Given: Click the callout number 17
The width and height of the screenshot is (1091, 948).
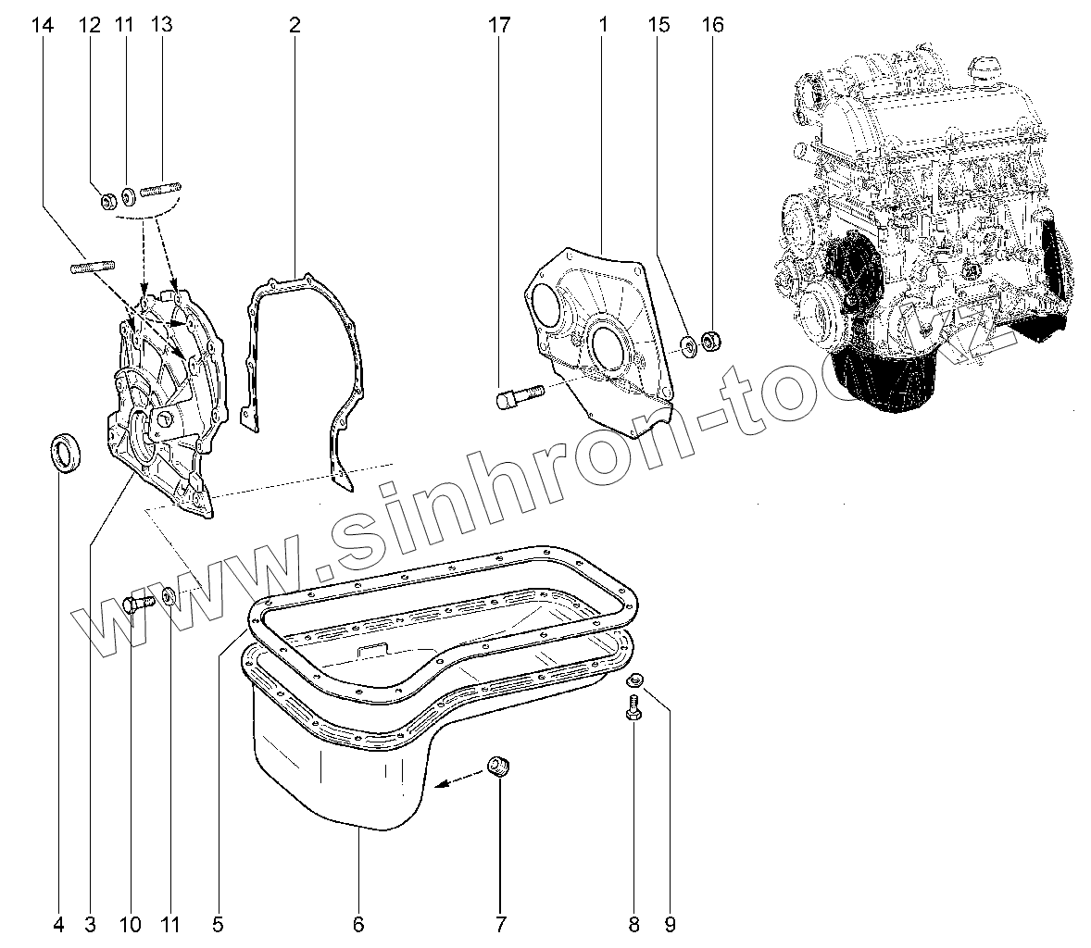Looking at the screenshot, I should (x=499, y=25).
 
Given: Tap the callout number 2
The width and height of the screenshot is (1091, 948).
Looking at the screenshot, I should (x=295, y=25).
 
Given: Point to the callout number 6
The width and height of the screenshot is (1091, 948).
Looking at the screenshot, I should (x=358, y=923).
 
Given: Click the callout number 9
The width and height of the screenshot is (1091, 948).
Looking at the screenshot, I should (x=670, y=923).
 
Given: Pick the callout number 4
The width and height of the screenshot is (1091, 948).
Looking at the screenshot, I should (x=58, y=923).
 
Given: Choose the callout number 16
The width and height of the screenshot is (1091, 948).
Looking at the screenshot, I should (x=712, y=25).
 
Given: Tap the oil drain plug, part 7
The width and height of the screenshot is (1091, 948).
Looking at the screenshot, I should (x=500, y=767).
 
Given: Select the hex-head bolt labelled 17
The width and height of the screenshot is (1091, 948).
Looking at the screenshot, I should (x=518, y=396).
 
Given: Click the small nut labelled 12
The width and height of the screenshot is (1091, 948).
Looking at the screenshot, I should (x=107, y=198).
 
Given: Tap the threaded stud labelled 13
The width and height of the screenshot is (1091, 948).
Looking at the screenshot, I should (x=160, y=193).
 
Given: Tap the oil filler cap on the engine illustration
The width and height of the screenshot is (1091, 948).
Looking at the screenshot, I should (x=985, y=69).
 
